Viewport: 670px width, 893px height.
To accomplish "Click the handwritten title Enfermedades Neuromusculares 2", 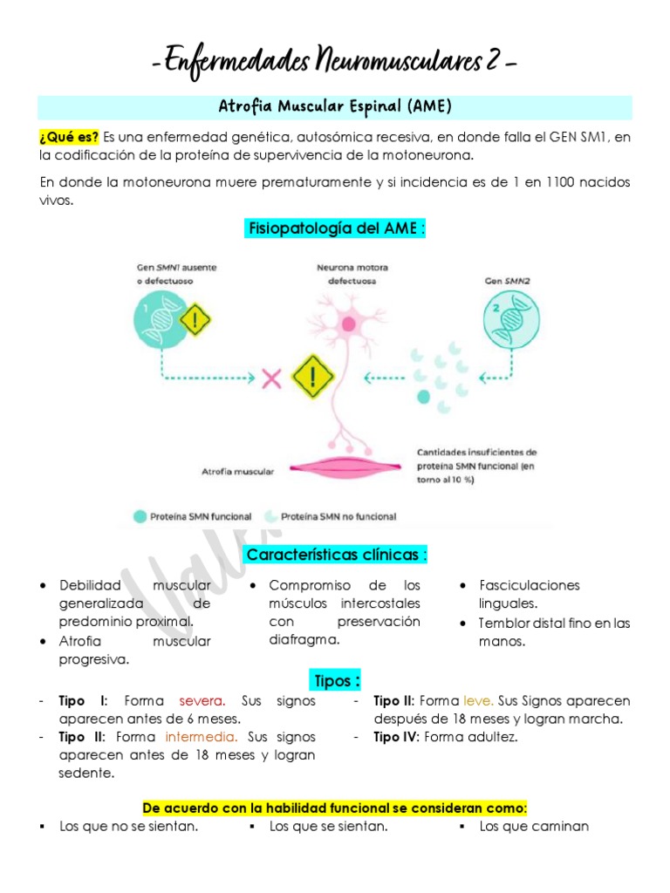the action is coord(335,63).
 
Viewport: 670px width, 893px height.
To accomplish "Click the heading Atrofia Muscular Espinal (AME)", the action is coord(335,108).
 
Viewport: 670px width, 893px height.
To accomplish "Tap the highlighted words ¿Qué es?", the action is coord(69,137).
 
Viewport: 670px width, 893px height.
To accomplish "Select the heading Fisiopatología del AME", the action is coord(335,229).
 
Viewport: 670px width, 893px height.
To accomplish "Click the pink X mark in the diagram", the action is coord(272,378).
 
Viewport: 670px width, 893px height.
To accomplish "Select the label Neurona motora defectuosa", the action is coord(352,275).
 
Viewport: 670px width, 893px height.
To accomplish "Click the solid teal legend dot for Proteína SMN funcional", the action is coord(140,516).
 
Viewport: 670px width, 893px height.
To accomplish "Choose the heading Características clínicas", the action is coord(335,555).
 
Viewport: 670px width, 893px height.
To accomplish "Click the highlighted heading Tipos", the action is coord(335,680).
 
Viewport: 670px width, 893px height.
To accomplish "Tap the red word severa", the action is coord(202,700).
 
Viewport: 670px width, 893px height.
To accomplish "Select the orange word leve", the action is coord(478,700).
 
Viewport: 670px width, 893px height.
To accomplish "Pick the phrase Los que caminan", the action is coord(533,826).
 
